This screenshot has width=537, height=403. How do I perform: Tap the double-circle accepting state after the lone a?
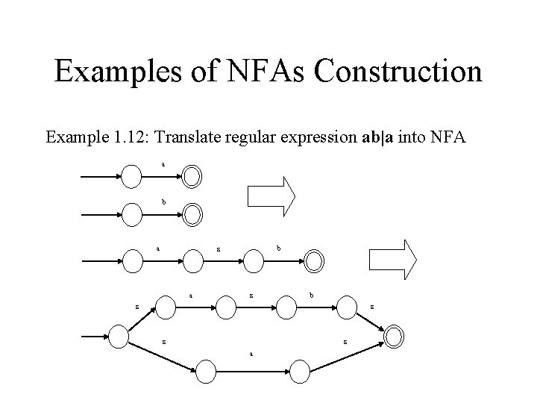(x=192, y=177)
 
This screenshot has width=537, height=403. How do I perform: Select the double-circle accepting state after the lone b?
(x=192, y=216)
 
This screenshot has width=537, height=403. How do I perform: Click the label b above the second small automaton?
(x=164, y=201)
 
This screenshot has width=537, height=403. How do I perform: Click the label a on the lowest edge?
(x=251, y=353)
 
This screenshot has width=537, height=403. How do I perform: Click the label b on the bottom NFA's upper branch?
(x=312, y=296)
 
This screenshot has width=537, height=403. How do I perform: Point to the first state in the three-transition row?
(x=134, y=260)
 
